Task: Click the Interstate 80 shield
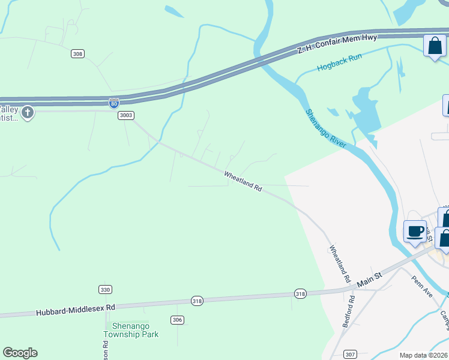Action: [x=114, y=103]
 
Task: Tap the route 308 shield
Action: [x=77, y=54]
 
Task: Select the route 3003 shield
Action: [x=125, y=115]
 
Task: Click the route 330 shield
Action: [x=105, y=289]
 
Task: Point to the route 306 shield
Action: [x=176, y=320]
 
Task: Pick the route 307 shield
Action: [x=351, y=354]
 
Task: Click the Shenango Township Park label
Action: [x=131, y=330]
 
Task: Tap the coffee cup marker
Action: [x=415, y=231]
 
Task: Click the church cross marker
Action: [x=28, y=112]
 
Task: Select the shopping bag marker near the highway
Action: [x=435, y=46]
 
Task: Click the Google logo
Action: [x=20, y=353]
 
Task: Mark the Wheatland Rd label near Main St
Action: [x=339, y=263]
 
